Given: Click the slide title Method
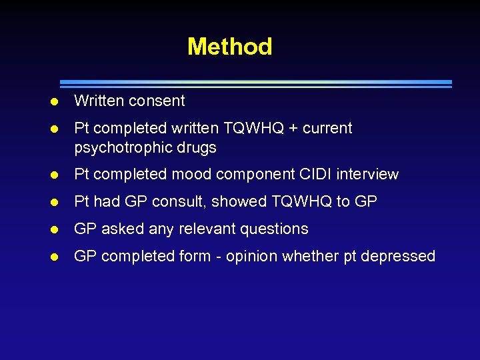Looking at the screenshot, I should pos(229,47).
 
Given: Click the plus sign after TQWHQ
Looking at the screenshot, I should pos(291,128).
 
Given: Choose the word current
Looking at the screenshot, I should pos(327,128).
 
